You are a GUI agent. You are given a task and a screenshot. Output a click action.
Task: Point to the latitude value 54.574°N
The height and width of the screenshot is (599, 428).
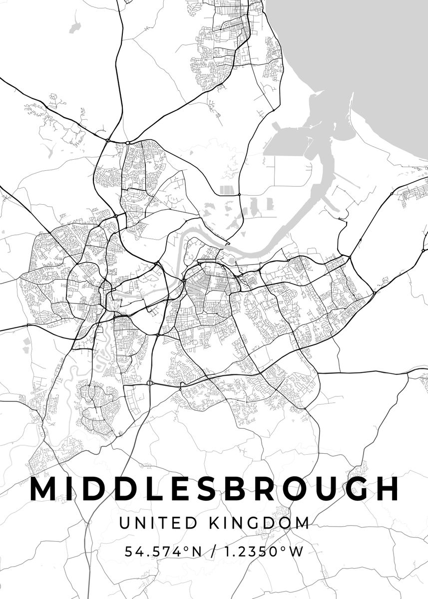(x=163, y=552)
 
